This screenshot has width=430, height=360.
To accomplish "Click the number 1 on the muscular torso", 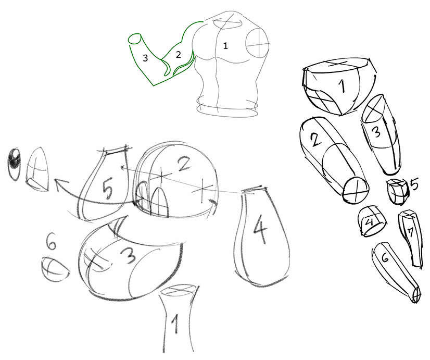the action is coord(225,45).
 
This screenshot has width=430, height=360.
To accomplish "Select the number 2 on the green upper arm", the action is coord(179,55).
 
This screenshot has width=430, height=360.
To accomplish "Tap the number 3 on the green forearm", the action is coord(145,58).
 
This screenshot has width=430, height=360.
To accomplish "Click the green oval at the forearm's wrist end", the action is coord(134,39).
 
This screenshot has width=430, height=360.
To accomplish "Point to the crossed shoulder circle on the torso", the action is coord(257,43).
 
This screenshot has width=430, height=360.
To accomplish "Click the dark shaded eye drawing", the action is coord(14,164).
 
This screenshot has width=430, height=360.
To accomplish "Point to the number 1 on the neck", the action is coord(175,324).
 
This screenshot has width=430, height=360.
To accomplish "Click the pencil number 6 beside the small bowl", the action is coord(52,241).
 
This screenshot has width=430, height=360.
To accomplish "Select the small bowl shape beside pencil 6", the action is coord(55,269).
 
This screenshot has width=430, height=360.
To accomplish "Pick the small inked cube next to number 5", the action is coord(397,191).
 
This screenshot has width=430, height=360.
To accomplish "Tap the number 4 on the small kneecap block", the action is coord(370,221).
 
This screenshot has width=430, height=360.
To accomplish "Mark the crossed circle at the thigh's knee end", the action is coord(356,190).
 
